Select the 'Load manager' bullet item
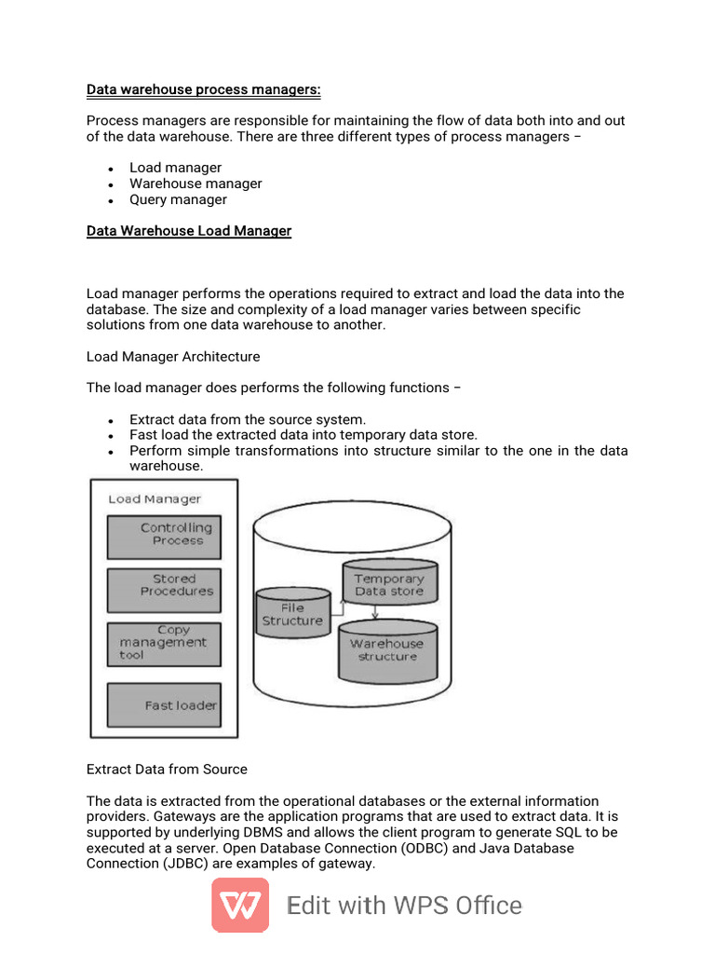coord(175,168)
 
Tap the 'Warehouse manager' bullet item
coord(196,184)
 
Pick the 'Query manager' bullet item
coord(178,199)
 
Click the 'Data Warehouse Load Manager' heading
coord(189,231)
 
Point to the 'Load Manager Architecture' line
coord(173,357)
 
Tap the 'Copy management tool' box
coord(164,644)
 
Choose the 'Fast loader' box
coord(164,705)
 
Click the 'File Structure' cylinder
coord(292,614)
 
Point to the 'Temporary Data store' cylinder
coord(389,583)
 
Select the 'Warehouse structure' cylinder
coord(386,650)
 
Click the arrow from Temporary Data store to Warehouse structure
coord(375,612)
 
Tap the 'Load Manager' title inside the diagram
coord(155,499)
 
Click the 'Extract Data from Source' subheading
coord(167,770)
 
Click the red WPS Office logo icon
coord(240,905)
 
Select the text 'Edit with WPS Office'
coord(404,906)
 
